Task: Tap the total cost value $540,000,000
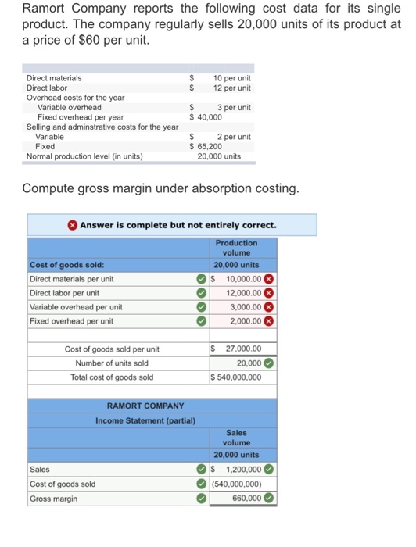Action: [x=237, y=377]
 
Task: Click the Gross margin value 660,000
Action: [x=244, y=499]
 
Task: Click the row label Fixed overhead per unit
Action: [x=71, y=321]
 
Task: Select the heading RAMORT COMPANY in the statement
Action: [x=140, y=406]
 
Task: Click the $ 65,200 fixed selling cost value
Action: [x=206, y=146]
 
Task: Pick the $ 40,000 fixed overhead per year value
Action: [x=206, y=117]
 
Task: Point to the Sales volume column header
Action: [x=236, y=438]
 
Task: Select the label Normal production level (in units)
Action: [x=84, y=156]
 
